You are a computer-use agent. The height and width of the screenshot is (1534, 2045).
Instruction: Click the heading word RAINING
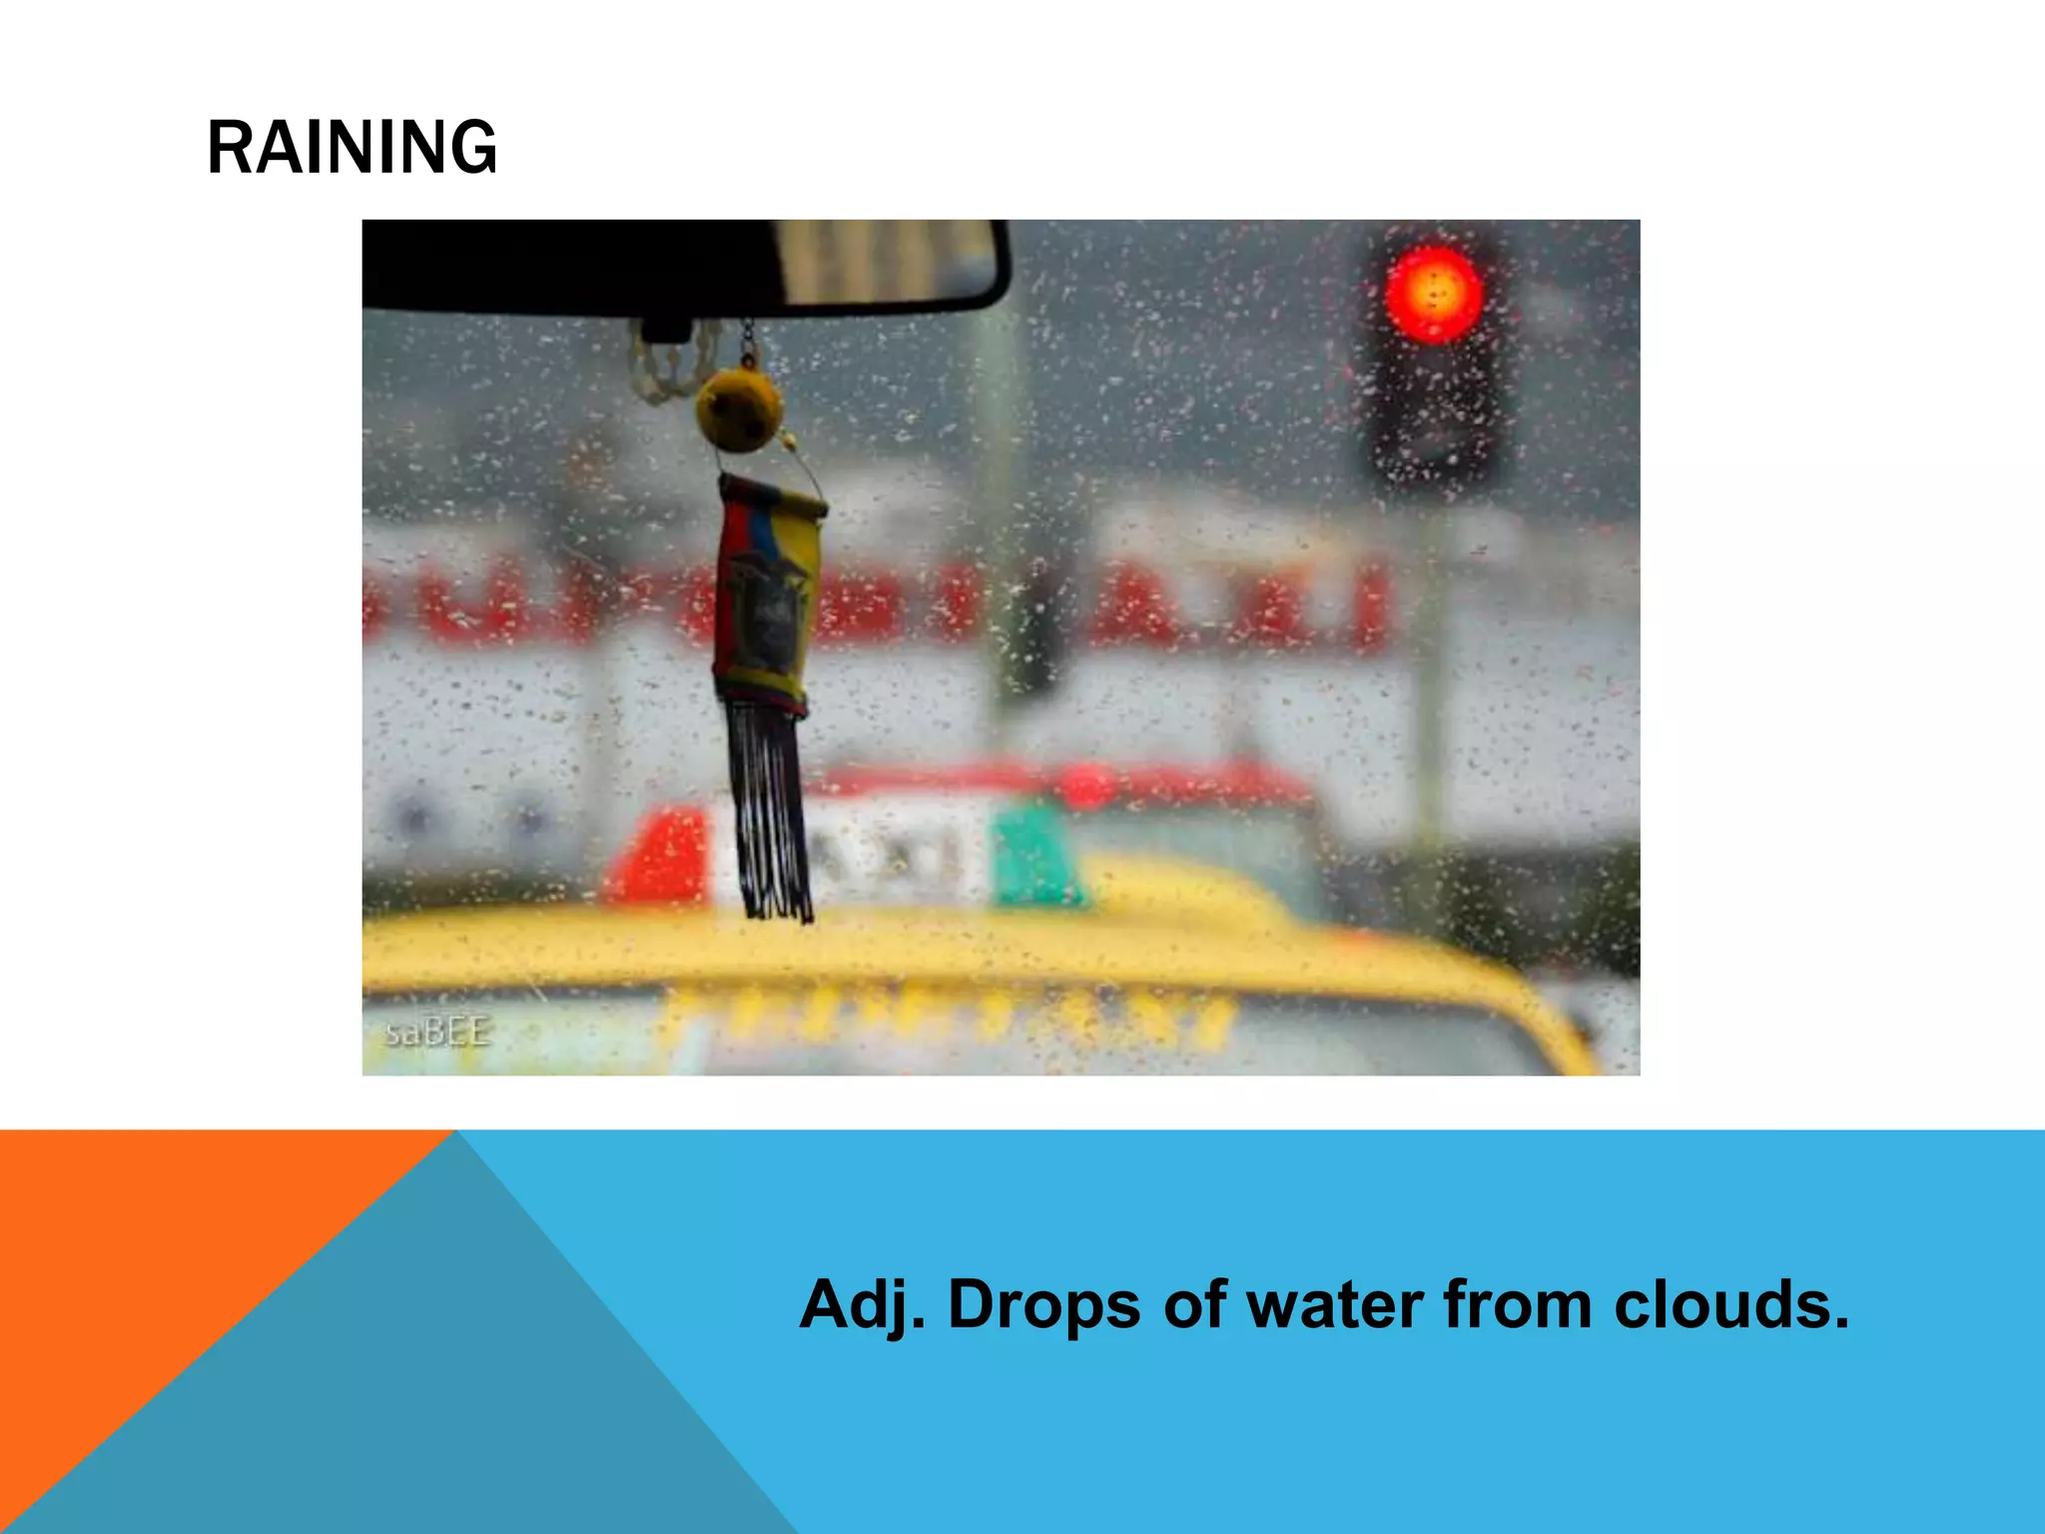351,148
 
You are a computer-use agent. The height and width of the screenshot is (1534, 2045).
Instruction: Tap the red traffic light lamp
1434,295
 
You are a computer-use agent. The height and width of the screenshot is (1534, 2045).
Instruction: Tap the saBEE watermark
437,1031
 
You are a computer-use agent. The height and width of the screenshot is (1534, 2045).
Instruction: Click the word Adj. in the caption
862,1305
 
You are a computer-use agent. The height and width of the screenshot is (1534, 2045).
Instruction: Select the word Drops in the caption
1043,1305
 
